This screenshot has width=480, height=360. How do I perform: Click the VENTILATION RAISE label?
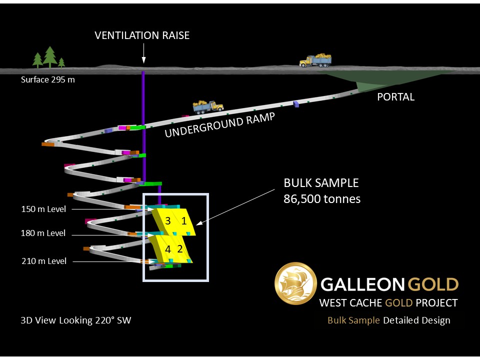pyautogui.click(x=142, y=35)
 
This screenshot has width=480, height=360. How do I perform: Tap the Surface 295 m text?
pyautogui.click(x=48, y=79)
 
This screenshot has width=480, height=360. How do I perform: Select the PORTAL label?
pyautogui.click(x=395, y=97)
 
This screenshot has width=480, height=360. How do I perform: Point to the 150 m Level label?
pyautogui.click(x=43, y=209)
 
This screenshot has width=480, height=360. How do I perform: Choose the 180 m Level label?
pyautogui.click(x=43, y=233)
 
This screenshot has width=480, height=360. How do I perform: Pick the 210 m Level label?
pyautogui.click(x=44, y=261)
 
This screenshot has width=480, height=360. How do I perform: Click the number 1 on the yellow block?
pyautogui.click(x=184, y=221)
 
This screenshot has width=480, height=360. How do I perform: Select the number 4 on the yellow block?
pyautogui.click(x=168, y=248)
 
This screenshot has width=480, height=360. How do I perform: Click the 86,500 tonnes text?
pyautogui.click(x=322, y=199)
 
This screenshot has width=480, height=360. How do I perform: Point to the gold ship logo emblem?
pyautogui.click(x=295, y=283)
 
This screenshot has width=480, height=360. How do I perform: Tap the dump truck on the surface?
pyautogui.click(x=315, y=60)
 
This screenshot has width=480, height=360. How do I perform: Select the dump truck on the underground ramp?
pyautogui.click(x=208, y=106)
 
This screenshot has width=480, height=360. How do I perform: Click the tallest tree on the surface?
pyautogui.click(x=50, y=57)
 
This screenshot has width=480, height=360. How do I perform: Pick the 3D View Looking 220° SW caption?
pyautogui.click(x=76, y=320)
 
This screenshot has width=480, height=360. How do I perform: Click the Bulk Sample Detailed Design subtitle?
pyautogui.click(x=388, y=320)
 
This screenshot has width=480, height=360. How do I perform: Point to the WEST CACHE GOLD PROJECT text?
pyautogui.click(x=388, y=303)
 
